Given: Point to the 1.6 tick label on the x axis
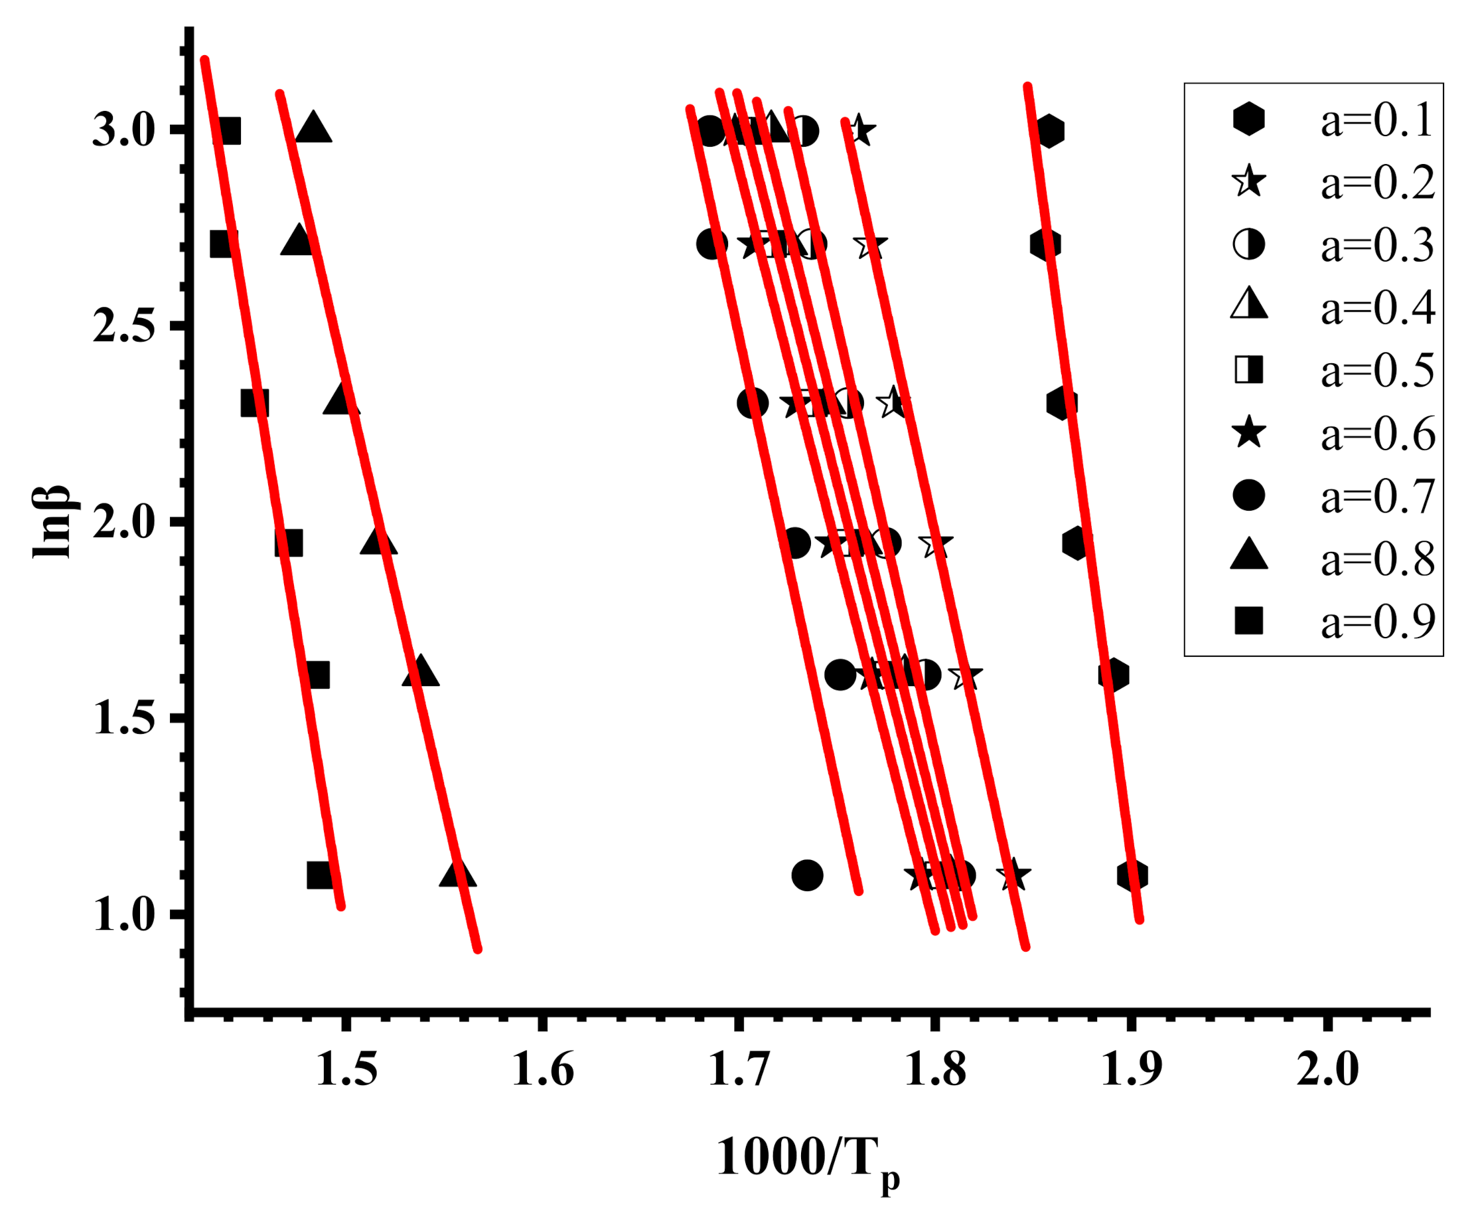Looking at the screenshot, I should (542, 1070).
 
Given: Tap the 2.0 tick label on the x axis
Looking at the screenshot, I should (1327, 1070).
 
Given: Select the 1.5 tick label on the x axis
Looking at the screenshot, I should (346, 1070).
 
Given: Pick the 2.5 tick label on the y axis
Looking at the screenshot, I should (123, 326).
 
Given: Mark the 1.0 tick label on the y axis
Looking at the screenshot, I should (123, 915).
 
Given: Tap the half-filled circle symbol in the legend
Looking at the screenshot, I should (1248, 244).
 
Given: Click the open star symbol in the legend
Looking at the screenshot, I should (1248, 182).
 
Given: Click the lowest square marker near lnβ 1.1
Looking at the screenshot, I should (320, 875).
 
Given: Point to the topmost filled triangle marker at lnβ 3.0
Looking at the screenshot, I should (313, 128).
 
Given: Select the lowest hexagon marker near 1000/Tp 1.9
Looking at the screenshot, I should (1132, 875).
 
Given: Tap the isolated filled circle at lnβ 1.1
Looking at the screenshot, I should (807, 875).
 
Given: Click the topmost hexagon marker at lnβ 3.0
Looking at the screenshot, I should (1049, 131).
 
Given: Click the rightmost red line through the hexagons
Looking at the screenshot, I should (1085, 506).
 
